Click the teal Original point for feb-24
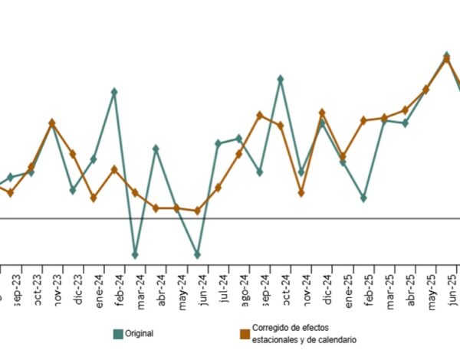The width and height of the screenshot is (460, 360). [x=114, y=92]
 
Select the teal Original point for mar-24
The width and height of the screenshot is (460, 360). [x=135, y=254]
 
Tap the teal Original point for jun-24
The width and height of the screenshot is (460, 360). [x=198, y=254]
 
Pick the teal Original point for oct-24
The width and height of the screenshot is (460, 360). [x=281, y=78]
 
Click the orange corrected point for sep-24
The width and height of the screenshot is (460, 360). [x=260, y=115]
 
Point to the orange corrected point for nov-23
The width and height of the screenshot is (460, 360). [x=51, y=123]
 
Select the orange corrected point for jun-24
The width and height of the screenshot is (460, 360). [x=198, y=211]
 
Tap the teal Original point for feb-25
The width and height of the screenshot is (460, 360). [x=363, y=198]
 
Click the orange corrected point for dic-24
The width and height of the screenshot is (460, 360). [x=322, y=113]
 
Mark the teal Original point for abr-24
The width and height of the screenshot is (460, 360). [x=156, y=148]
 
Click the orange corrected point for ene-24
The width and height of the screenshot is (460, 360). [x=94, y=198]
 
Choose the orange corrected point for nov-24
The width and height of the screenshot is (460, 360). [x=301, y=193]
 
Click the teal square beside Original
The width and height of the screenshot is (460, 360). [x=118, y=333]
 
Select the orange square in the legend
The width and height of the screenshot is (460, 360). [x=245, y=333]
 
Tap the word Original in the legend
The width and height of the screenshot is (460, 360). [x=140, y=333]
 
